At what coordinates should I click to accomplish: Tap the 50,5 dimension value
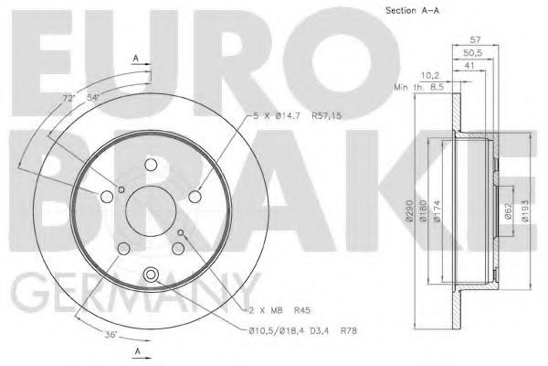(x=472, y=54)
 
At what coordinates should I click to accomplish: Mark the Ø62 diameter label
(x=508, y=211)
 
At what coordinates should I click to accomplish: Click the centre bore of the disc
(x=152, y=216)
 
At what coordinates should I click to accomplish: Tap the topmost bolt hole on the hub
(x=152, y=164)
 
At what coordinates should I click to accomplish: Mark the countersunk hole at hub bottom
(x=152, y=272)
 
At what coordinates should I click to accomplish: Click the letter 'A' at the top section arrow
(x=135, y=58)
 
